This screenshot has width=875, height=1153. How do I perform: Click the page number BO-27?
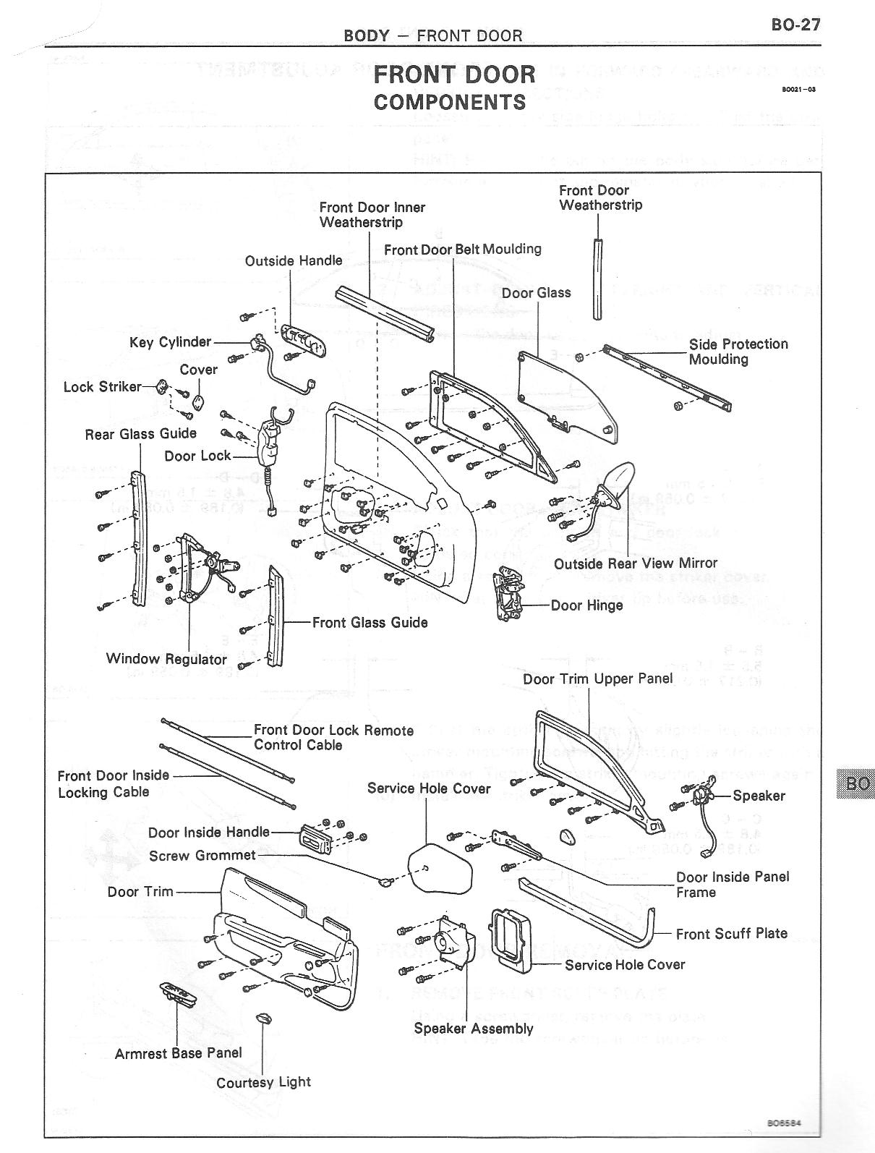point(795,25)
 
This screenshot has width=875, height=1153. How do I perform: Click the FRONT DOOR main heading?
point(454,75)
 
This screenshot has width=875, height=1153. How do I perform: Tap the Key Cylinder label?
point(170,342)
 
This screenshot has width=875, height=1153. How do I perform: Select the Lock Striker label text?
point(102,387)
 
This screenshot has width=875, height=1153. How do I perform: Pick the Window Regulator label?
point(166,659)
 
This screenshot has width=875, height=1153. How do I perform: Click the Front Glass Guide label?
point(370,622)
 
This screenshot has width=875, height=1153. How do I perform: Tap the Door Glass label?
point(536,293)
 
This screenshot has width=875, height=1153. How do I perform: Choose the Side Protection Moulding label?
point(738,352)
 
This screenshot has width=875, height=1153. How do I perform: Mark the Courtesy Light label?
point(263,1082)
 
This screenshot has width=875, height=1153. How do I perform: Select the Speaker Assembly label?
point(474,1029)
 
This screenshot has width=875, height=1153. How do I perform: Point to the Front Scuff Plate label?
point(731,934)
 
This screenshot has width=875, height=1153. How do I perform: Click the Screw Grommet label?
point(202,856)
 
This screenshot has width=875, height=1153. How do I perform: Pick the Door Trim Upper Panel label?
point(597,679)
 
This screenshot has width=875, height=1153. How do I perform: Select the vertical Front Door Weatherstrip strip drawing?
point(597,278)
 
